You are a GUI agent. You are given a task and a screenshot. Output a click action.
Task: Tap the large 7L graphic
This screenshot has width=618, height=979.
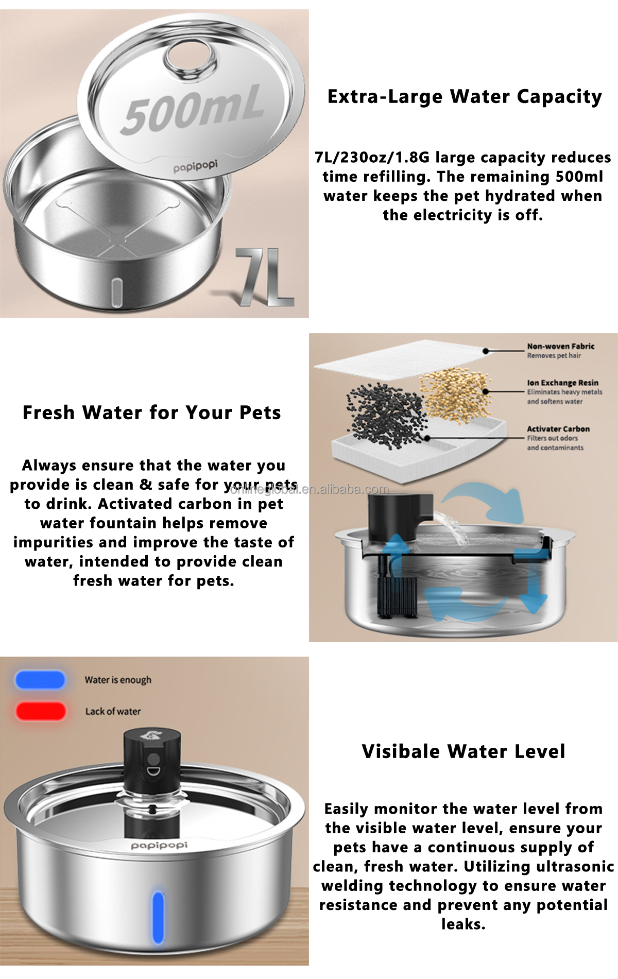pyautogui.click(x=265, y=277)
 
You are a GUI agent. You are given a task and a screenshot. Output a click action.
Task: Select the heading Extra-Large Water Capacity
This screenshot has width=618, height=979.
pyautogui.click(x=465, y=97)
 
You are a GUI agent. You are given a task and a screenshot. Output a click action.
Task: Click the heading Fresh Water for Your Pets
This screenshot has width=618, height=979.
pyautogui.click(x=152, y=413)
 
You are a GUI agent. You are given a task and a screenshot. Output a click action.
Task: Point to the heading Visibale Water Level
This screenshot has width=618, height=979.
pyautogui.click(x=463, y=751)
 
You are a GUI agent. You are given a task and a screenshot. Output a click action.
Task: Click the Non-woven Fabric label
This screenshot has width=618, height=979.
pyautogui.click(x=560, y=347)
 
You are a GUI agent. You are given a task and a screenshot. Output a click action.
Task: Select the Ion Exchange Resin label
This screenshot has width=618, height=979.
pyautogui.click(x=562, y=383)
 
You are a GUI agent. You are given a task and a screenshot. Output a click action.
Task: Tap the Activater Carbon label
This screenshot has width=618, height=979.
pyautogui.click(x=558, y=429)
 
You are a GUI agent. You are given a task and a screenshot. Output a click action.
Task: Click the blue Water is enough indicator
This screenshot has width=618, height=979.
pyautogui.click(x=40, y=680)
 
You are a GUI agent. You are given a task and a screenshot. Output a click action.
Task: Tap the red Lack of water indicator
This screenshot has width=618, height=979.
pyautogui.click(x=40, y=711)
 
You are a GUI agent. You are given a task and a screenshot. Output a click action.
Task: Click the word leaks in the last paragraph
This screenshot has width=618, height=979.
pyautogui.click(x=463, y=924)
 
